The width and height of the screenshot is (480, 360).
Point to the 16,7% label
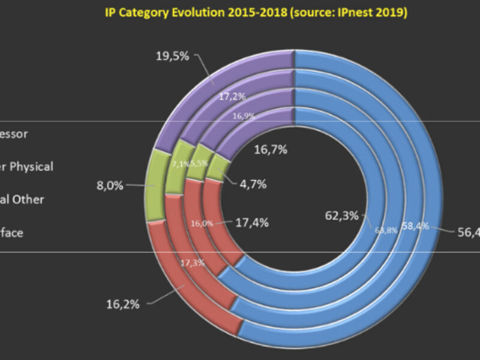coord(269,150)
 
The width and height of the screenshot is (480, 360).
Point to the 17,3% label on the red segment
coord(193,263)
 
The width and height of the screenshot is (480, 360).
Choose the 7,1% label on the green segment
coord(181,164)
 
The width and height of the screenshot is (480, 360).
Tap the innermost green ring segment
coord(218,170)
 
